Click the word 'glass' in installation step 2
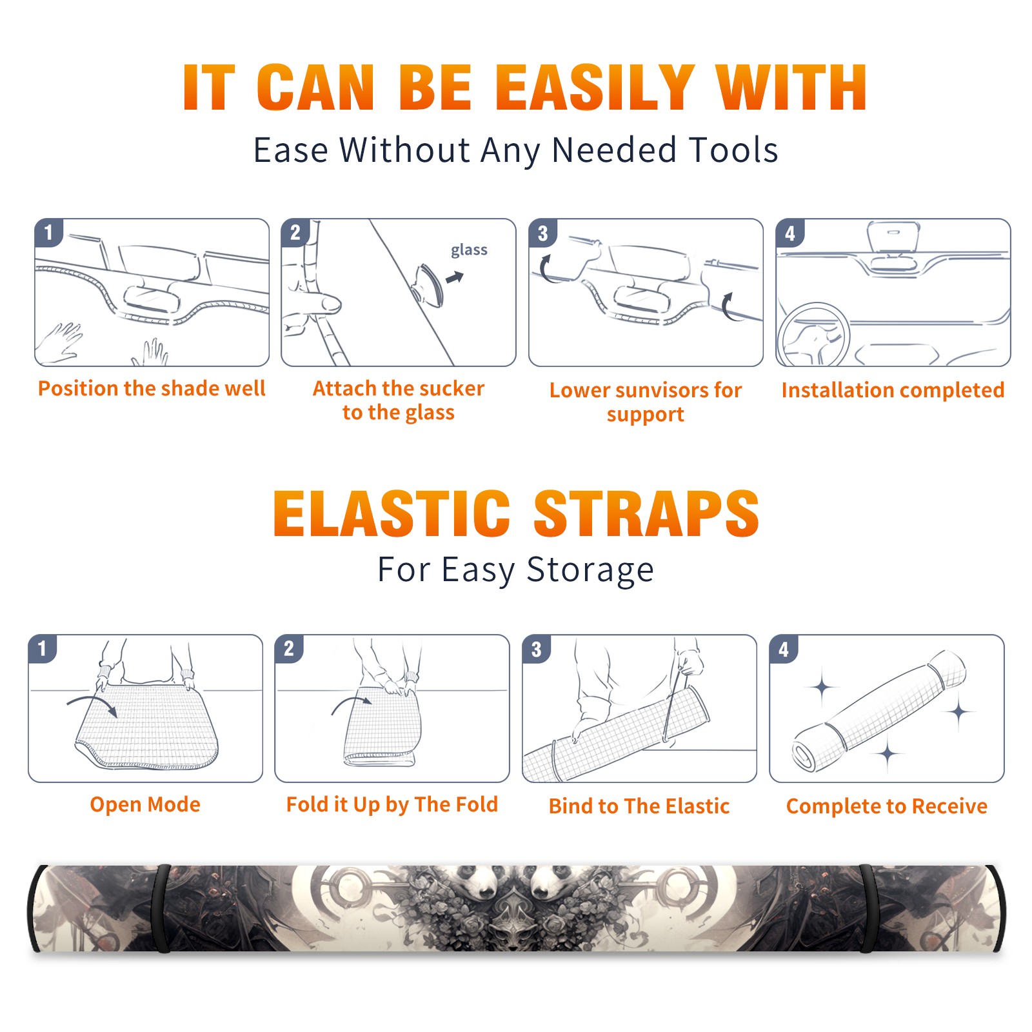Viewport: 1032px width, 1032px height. (x=469, y=250)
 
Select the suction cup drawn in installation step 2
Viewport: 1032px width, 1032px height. (x=429, y=284)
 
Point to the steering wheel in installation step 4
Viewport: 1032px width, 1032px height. (x=812, y=335)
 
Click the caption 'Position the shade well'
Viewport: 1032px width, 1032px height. (x=152, y=388)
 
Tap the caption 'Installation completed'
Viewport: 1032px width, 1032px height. (x=893, y=390)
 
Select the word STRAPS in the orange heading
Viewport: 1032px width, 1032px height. (x=646, y=513)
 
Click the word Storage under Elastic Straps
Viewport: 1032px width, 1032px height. (x=590, y=570)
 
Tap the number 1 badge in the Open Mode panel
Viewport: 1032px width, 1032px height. (x=43, y=648)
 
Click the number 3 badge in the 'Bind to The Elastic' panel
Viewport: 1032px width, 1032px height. (x=537, y=648)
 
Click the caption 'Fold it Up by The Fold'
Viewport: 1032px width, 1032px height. (x=392, y=804)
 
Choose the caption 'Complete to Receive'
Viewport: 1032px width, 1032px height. (x=887, y=806)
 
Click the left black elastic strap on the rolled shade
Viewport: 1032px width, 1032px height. (x=163, y=909)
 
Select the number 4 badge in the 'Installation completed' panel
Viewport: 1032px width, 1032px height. (x=790, y=233)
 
